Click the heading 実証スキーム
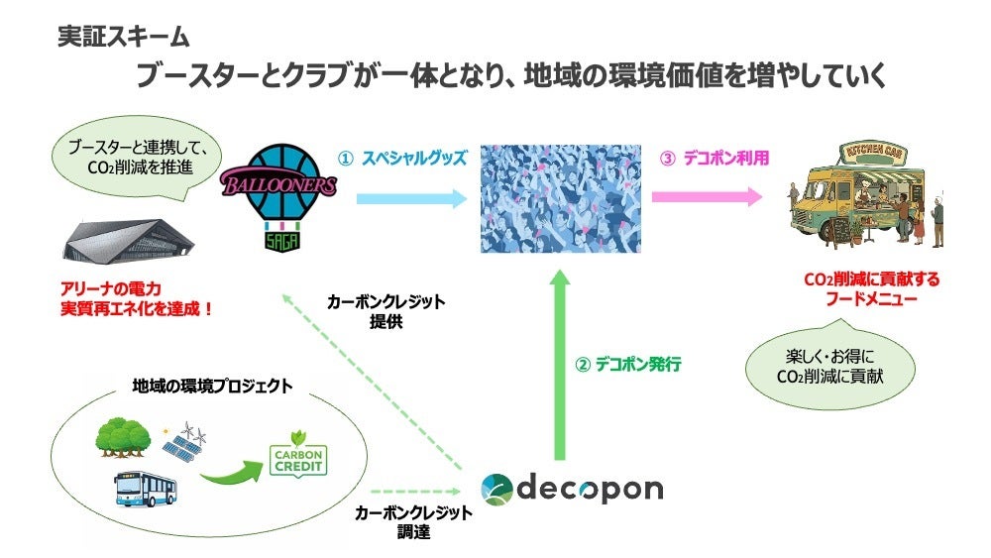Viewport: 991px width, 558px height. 124,38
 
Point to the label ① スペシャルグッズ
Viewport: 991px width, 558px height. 402,159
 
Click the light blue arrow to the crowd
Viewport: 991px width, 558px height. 410,198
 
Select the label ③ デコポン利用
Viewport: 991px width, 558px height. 714,158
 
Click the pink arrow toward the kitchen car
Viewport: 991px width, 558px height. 707,196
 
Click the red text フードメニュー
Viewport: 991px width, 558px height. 871,299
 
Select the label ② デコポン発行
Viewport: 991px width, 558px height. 628,365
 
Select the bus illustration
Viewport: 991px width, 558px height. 148,489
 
